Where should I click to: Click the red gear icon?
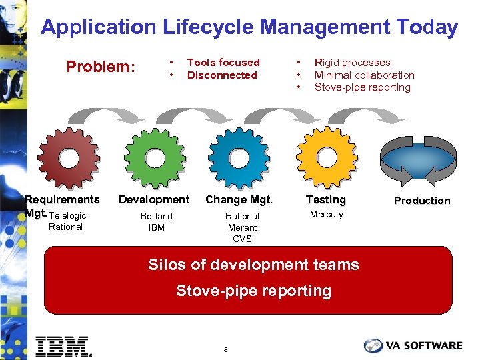(x=69, y=159)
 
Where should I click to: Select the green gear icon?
(x=155, y=159)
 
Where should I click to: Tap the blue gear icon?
(x=239, y=159)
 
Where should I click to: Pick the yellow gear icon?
(x=326, y=157)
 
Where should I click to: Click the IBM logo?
(x=63, y=345)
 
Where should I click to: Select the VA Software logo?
(x=413, y=345)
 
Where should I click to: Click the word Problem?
(x=100, y=67)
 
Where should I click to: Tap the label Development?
(x=154, y=199)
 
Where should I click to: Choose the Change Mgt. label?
(x=239, y=199)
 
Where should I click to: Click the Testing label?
(x=325, y=199)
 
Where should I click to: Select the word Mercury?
(x=326, y=215)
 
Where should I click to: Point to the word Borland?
(x=156, y=216)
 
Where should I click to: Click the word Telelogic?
(x=67, y=215)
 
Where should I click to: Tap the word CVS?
(x=241, y=239)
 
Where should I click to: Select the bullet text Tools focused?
(x=223, y=63)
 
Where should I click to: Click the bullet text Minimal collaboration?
(x=364, y=75)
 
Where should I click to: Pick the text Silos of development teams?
(x=253, y=265)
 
